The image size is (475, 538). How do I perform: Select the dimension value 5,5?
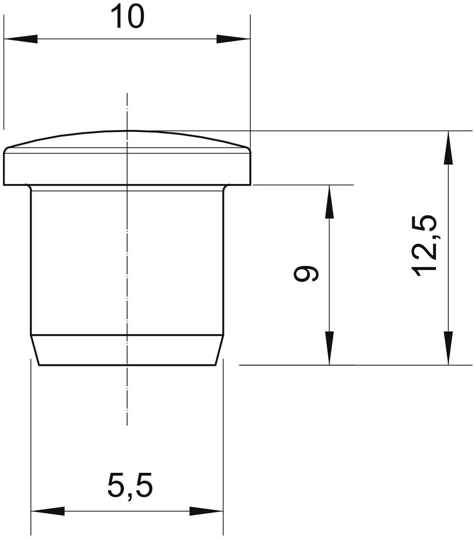click(x=130, y=486)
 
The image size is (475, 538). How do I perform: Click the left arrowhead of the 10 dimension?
click(x=20, y=39)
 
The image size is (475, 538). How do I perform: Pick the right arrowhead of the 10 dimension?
click(x=234, y=39)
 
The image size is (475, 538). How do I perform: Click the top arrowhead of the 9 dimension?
click(x=329, y=202)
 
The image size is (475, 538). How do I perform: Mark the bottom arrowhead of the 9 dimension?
click(x=329, y=348)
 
